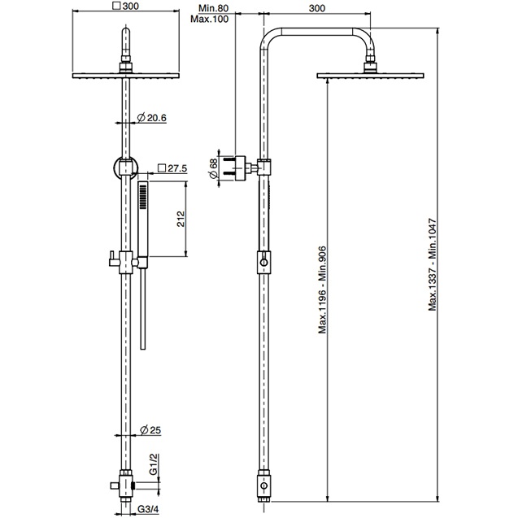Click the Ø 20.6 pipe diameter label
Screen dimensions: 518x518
[x=151, y=118]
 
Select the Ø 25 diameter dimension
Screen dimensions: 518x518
[x=150, y=430]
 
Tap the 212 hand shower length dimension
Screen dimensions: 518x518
[x=181, y=219]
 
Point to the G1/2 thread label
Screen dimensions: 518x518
[x=154, y=464]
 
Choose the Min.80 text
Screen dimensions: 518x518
[x=213, y=8]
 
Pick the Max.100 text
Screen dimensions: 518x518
[x=210, y=19]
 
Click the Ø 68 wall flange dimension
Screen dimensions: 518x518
[x=214, y=168]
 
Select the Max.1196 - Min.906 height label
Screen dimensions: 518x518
[x=322, y=289]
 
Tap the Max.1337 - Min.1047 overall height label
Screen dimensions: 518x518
[x=433, y=264]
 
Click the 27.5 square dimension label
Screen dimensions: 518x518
[x=172, y=168]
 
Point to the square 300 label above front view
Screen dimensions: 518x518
[x=126, y=6]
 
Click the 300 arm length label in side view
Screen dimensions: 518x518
[x=317, y=8]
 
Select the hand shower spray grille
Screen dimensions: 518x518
[x=143, y=197]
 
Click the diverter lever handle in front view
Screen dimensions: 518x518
[x=114, y=259]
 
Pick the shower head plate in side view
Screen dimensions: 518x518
[x=370, y=76]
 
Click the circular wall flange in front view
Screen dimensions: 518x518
[x=126, y=168]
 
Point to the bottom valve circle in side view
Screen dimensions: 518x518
[x=263, y=485]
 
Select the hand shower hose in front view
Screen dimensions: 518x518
[x=143, y=308]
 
